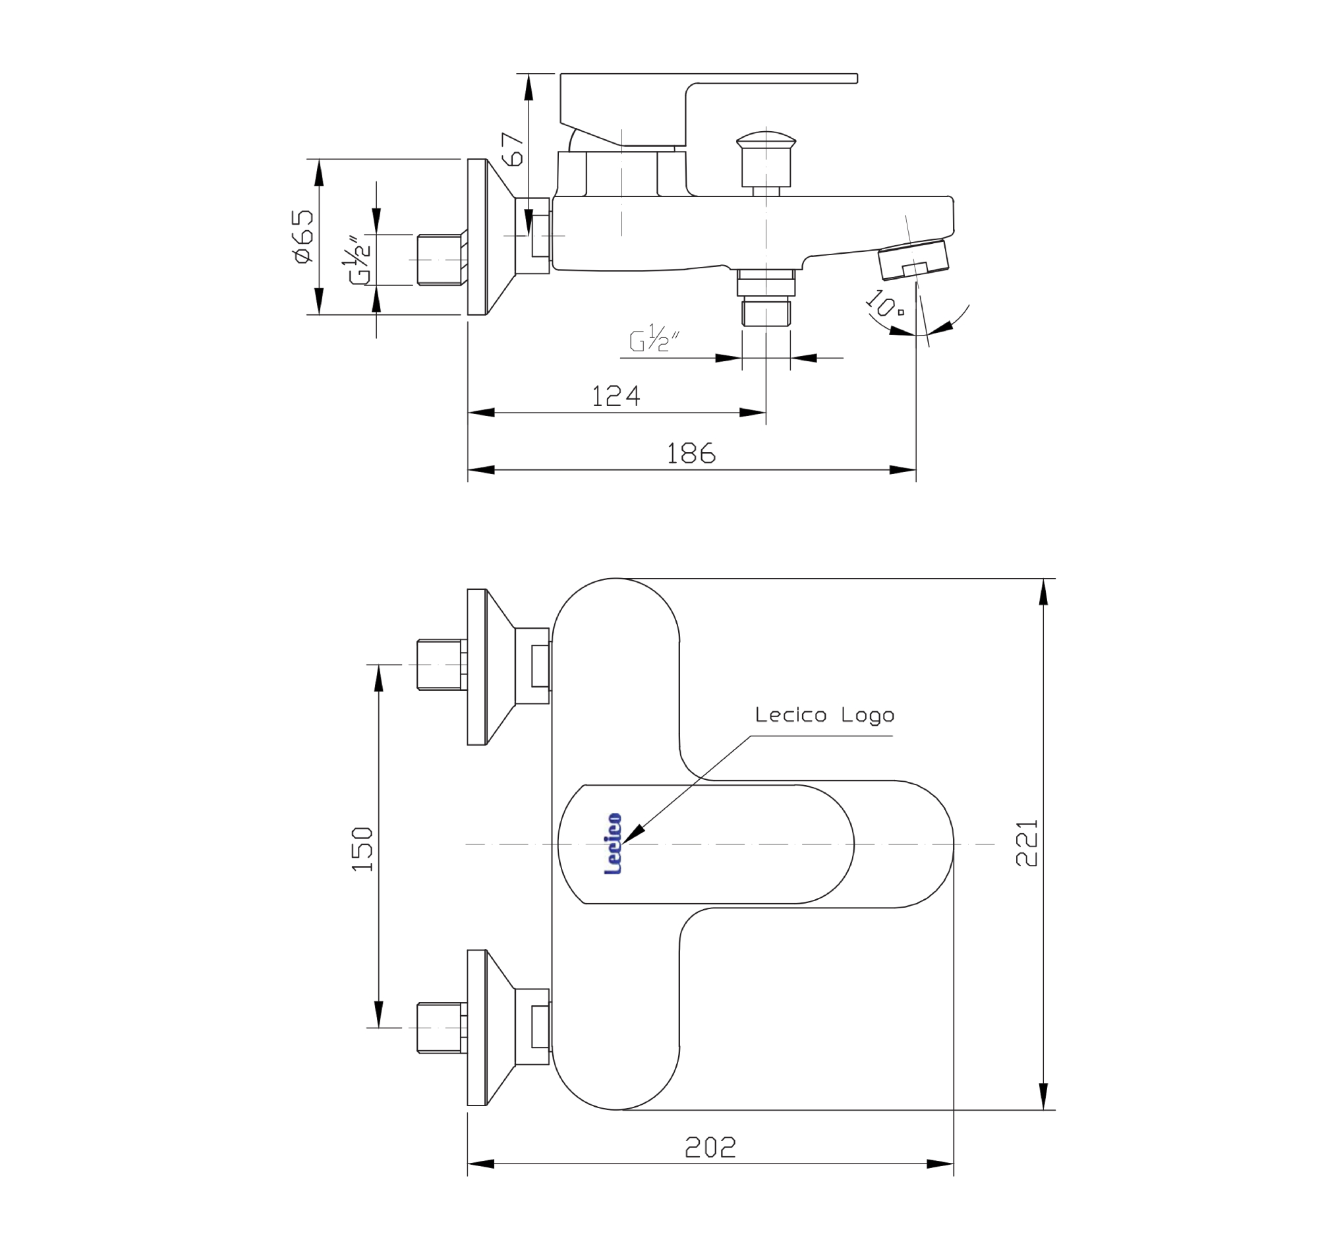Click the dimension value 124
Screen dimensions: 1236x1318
pyautogui.click(x=616, y=396)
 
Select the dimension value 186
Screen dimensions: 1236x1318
pyautogui.click(x=691, y=454)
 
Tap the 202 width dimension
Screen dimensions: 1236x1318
pyautogui.click(x=710, y=1147)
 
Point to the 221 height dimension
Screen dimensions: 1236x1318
pyautogui.click(x=1026, y=843)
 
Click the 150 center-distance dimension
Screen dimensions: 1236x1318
pyautogui.click(x=362, y=849)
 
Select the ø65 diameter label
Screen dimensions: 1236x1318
pyautogui.click(x=303, y=237)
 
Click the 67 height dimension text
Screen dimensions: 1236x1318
pyautogui.click(x=513, y=149)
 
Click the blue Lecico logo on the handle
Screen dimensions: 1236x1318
pyautogui.click(x=614, y=844)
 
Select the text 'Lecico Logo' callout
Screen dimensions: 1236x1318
pyautogui.click(x=824, y=715)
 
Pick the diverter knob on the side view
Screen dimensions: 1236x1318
pyautogui.click(x=766, y=160)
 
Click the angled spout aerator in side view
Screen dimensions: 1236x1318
pyautogui.click(x=913, y=259)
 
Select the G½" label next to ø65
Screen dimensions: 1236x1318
pyautogui.click(x=358, y=260)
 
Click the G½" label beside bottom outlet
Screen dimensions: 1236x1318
pyautogui.click(x=653, y=338)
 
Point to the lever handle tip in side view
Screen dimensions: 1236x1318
pyautogui.click(x=849, y=78)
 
